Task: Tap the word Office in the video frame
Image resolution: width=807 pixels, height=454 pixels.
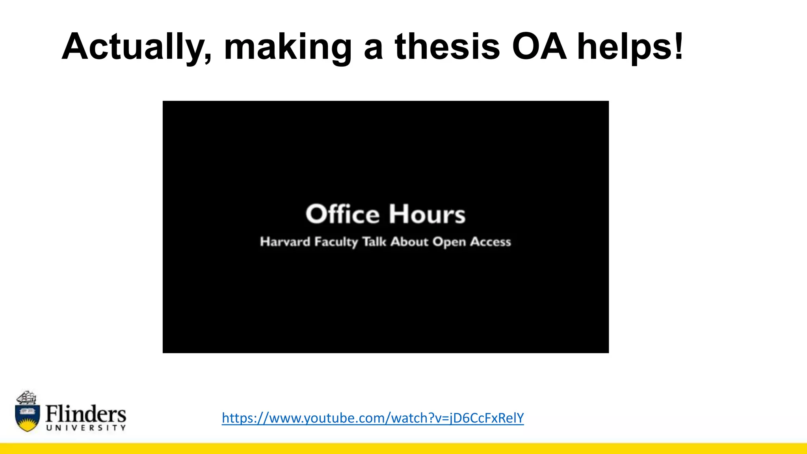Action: click(x=342, y=214)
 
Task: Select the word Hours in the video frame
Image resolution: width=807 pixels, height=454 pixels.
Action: click(x=427, y=214)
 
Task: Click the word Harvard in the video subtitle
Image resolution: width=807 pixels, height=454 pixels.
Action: click(x=285, y=242)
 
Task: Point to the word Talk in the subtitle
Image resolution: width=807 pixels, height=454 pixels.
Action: click(x=374, y=241)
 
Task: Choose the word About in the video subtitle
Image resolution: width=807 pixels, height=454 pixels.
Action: click(x=409, y=241)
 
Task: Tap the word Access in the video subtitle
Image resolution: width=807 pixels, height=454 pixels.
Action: click(x=490, y=241)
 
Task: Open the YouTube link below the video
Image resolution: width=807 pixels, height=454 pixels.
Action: click(x=373, y=418)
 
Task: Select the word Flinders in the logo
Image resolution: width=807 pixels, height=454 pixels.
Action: click(x=86, y=414)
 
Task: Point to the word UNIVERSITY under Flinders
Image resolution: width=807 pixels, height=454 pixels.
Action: click(x=86, y=428)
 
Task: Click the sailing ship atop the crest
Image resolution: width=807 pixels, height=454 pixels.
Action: click(x=27, y=397)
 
